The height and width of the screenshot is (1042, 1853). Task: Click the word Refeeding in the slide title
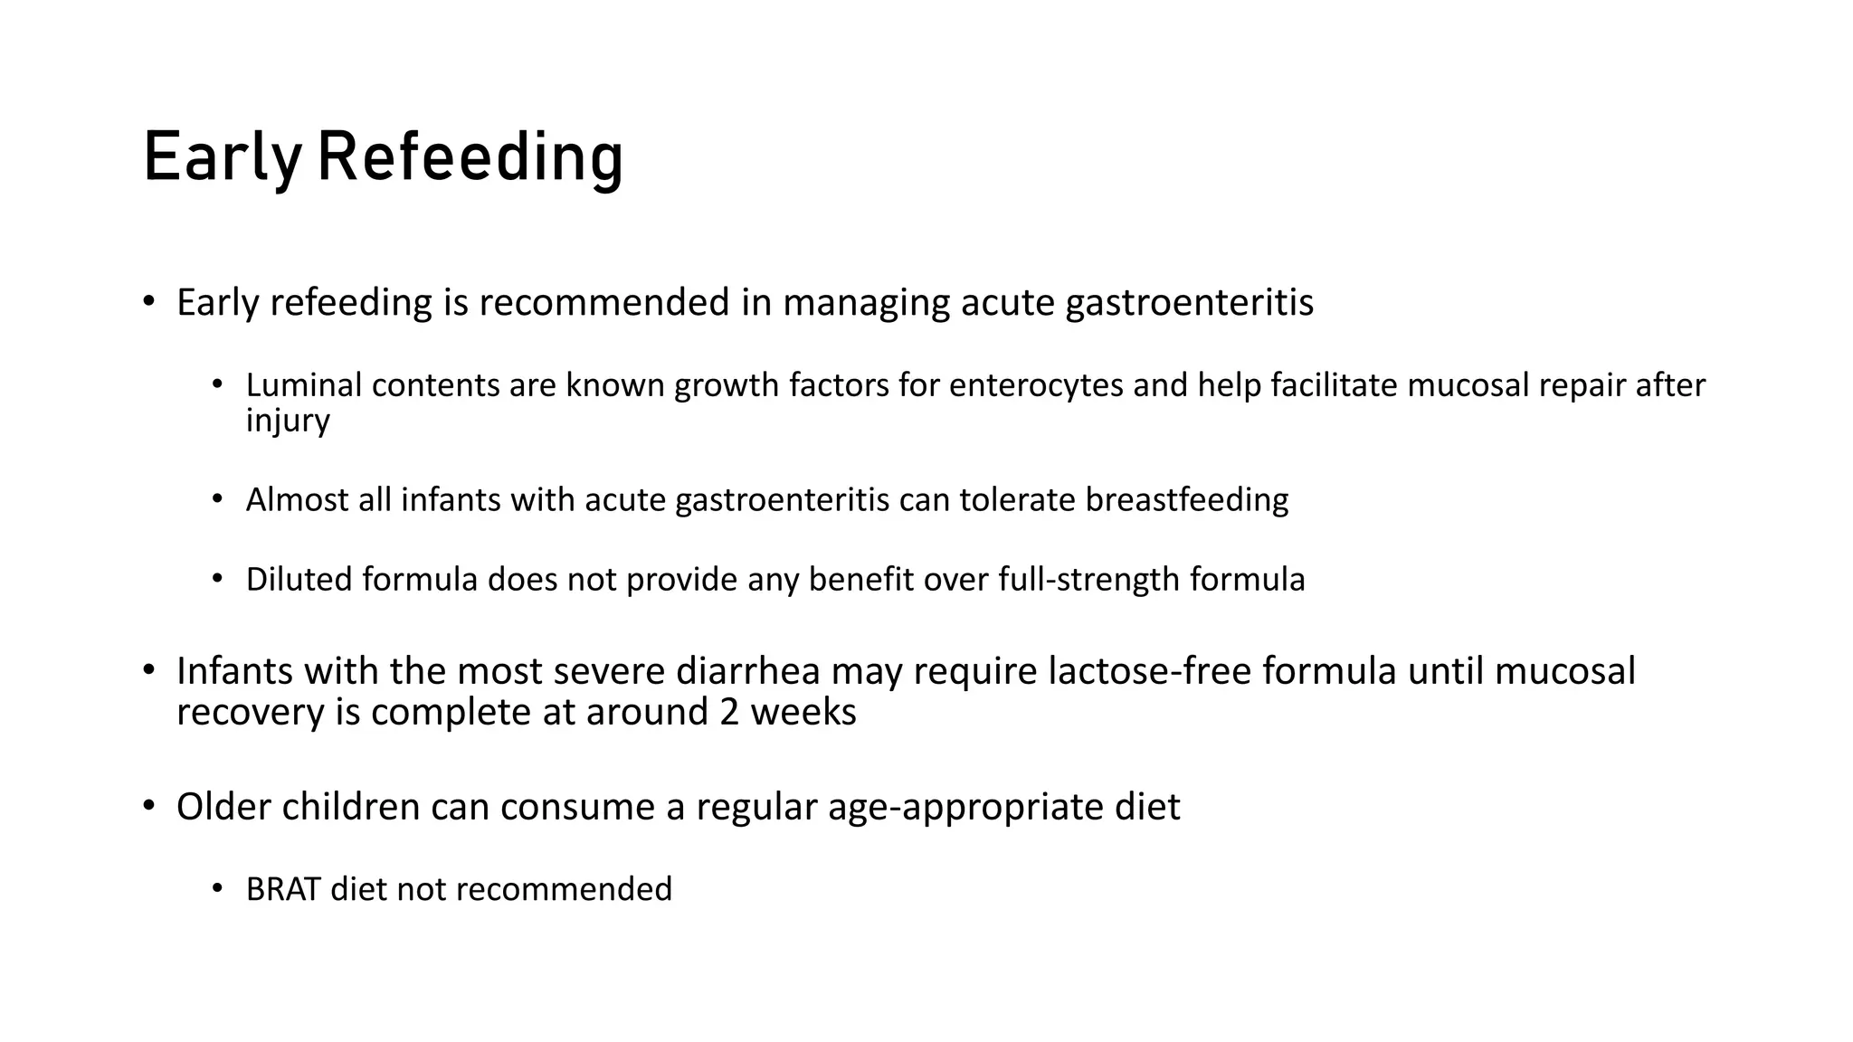coord(470,158)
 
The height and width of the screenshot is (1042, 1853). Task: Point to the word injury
coord(288,421)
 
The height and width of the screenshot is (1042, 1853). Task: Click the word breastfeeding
coord(1186,499)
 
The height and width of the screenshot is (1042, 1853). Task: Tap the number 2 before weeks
coord(729,712)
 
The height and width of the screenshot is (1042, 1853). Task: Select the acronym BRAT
coord(283,889)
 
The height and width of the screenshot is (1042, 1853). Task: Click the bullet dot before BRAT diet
coord(217,889)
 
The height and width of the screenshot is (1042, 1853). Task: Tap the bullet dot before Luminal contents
coord(217,385)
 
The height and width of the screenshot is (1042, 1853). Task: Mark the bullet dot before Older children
coord(148,806)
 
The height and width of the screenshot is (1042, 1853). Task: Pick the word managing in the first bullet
coord(866,302)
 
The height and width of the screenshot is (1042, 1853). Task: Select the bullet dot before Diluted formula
coord(217,579)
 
